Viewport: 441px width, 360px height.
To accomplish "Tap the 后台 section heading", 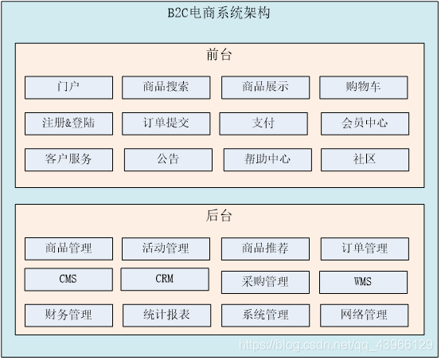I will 219,216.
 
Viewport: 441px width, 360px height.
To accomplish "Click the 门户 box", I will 68,87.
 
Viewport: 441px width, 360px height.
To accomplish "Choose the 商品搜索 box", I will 166,87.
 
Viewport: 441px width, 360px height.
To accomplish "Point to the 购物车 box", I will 363,87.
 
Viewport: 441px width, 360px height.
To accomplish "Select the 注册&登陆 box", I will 68,123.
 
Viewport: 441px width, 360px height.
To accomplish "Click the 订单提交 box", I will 166,123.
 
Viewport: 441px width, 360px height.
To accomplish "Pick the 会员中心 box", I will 365,123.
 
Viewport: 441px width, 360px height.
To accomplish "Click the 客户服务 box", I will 68,159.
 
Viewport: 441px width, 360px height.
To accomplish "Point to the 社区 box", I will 365,159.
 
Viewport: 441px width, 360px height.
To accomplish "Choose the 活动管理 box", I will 166,248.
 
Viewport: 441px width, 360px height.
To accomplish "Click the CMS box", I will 68,280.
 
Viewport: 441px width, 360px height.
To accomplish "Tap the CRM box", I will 165,279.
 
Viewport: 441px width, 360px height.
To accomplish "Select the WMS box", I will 363,282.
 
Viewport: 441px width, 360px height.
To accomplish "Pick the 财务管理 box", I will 68,315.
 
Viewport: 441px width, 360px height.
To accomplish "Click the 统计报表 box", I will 166,315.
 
